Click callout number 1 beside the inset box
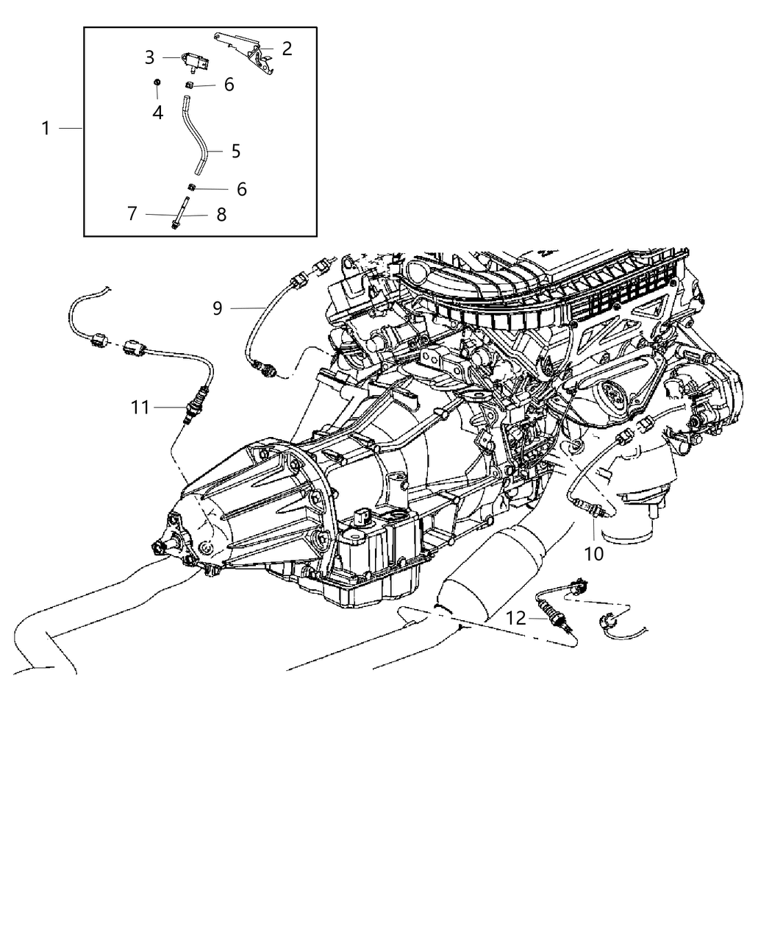pos(46,129)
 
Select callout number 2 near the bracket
pos(287,49)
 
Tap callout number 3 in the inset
pos(149,57)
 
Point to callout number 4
pos(157,113)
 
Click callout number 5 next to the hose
pos(235,151)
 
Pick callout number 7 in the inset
pos(132,214)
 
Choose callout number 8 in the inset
pos(221,215)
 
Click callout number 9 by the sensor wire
pos(217,308)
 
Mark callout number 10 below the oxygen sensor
pos(593,553)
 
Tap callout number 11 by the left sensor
pos(140,406)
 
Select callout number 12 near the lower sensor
pos(516,618)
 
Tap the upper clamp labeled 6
pos(189,86)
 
